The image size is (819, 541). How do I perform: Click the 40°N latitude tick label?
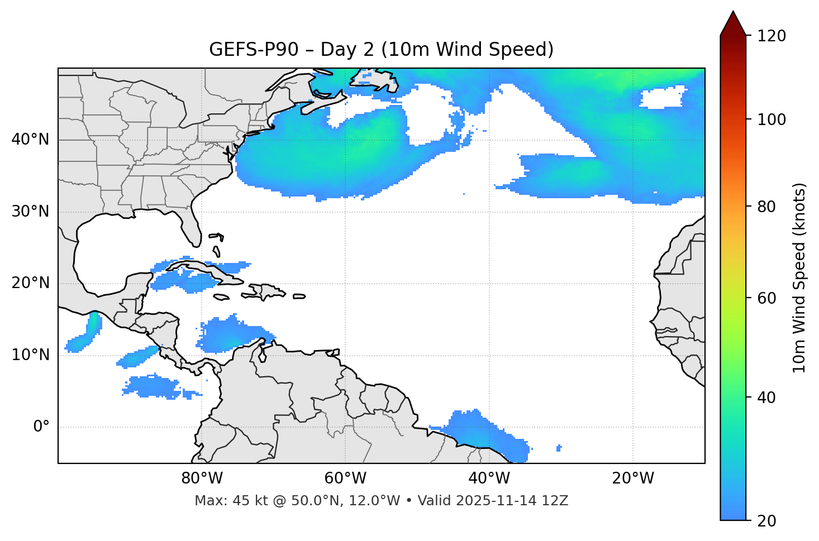[30, 140]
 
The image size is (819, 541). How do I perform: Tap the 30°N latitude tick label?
[30, 212]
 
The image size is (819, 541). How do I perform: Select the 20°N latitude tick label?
[30, 283]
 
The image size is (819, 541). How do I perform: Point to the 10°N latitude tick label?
[30, 355]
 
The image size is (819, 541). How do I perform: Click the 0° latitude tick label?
[41, 427]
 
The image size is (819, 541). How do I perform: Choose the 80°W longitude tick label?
[202, 478]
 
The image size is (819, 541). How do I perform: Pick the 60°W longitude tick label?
[345, 478]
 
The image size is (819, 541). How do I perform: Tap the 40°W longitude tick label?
[489, 478]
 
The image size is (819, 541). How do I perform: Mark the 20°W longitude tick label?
[633, 478]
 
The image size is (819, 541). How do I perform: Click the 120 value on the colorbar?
[772, 36]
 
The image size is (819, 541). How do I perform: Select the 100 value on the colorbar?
[772, 119]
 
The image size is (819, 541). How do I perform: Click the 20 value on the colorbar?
[768, 521]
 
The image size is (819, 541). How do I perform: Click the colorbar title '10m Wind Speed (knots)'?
[799, 277]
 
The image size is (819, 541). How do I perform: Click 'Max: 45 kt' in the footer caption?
[223, 501]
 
